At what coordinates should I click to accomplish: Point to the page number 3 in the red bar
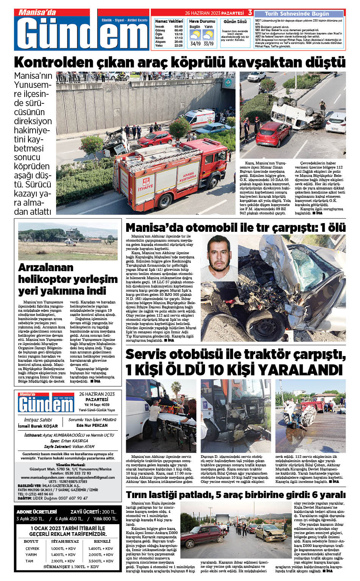250,13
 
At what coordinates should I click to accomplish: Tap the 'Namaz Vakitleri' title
169,21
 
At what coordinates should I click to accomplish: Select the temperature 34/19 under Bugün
196,44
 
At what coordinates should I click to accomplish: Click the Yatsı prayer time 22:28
178,46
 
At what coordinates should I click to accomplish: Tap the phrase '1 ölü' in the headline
333,227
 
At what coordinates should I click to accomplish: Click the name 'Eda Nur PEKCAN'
92,425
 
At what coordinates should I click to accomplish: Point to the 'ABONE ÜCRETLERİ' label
37,512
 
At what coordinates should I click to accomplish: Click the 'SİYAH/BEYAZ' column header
65,541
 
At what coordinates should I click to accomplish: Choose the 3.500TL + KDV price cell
101,561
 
